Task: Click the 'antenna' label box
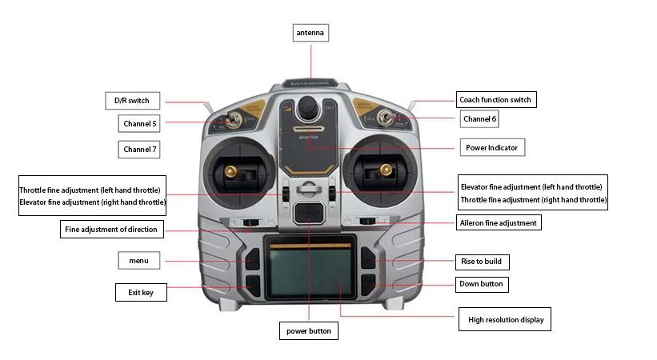click(x=311, y=33)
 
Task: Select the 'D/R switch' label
click(x=132, y=100)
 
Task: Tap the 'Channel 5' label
click(x=140, y=124)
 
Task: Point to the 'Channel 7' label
click(x=140, y=150)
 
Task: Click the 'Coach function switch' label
click(x=495, y=100)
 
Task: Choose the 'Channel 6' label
click(x=480, y=119)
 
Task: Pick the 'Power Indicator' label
click(x=491, y=148)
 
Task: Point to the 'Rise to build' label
click(x=483, y=262)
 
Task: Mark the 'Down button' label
click(x=482, y=284)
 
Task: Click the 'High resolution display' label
click(x=505, y=321)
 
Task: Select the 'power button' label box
click(x=308, y=330)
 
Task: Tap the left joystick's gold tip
click(x=229, y=171)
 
